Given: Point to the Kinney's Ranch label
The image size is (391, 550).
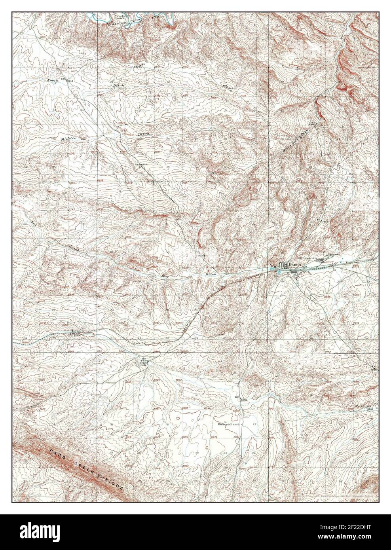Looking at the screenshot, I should [x=228, y=424].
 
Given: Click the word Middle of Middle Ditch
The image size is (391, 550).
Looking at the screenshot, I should [x=68, y=138].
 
